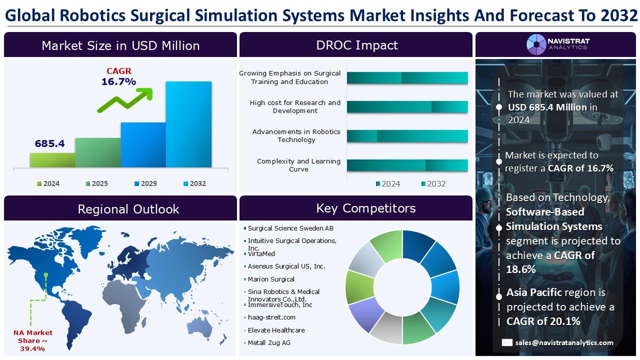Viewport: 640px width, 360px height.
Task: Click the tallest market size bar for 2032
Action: (x=188, y=124)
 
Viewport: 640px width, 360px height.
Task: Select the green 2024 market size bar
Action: (x=52, y=160)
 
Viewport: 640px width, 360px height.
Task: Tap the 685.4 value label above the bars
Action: (x=49, y=143)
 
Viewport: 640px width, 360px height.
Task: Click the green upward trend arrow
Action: (x=125, y=100)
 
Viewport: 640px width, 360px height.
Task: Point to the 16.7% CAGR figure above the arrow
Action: (x=119, y=81)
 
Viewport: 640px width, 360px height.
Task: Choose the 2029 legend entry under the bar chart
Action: (x=145, y=183)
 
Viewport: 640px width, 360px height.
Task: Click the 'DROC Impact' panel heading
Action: (x=357, y=45)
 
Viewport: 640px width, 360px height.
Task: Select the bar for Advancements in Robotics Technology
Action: (x=407, y=136)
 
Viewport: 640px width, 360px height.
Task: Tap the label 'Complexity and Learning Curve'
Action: (x=298, y=165)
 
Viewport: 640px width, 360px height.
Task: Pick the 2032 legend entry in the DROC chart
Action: (x=433, y=183)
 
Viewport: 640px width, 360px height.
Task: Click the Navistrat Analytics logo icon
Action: (x=536, y=44)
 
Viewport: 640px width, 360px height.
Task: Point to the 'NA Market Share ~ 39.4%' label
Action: (x=32, y=340)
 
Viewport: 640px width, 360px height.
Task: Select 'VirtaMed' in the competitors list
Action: (x=261, y=253)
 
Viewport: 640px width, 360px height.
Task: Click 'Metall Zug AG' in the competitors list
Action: (x=269, y=343)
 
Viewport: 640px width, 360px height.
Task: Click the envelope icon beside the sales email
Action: (x=507, y=342)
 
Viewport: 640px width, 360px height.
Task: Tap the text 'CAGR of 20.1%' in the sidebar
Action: (x=543, y=321)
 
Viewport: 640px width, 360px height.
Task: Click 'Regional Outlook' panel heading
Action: (x=128, y=209)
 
